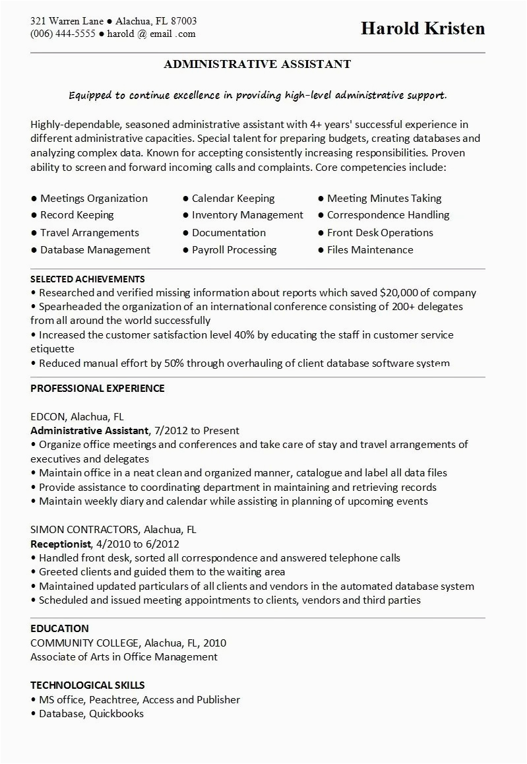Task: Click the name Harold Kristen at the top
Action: click(423, 28)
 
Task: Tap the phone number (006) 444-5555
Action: click(63, 34)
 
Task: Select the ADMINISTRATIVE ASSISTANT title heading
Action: click(257, 64)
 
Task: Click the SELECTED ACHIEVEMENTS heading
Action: click(88, 279)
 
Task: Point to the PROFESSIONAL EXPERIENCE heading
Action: click(98, 388)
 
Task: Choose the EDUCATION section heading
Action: click(59, 628)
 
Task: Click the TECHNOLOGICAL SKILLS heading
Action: click(88, 685)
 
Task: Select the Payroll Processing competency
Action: click(234, 250)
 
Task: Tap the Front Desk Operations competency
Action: click(380, 233)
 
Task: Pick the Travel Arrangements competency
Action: click(89, 233)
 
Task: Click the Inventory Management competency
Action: click(247, 215)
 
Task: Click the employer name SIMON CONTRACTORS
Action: click(84, 530)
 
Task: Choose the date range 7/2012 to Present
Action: click(197, 431)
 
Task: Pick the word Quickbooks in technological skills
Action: click(116, 714)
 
